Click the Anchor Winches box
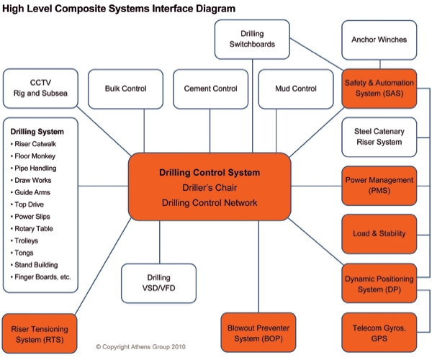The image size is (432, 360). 379,40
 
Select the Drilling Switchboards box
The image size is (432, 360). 253,40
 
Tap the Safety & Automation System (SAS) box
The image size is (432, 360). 379,89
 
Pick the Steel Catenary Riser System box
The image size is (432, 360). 379,137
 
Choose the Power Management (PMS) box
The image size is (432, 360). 379,185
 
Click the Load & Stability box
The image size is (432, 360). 379,233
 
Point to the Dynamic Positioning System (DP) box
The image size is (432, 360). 379,283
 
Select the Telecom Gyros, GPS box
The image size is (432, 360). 379,333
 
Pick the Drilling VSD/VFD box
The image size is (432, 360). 158,283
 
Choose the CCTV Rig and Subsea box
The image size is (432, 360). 40,89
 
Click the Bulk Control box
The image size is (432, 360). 125,89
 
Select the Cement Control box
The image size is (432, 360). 210,89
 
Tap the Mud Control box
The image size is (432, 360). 295,89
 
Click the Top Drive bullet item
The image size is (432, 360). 30,205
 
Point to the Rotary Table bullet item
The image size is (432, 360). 35,230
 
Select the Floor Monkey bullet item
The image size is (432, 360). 35,156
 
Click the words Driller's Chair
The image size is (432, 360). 209,188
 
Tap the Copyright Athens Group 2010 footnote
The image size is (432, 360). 140,346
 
